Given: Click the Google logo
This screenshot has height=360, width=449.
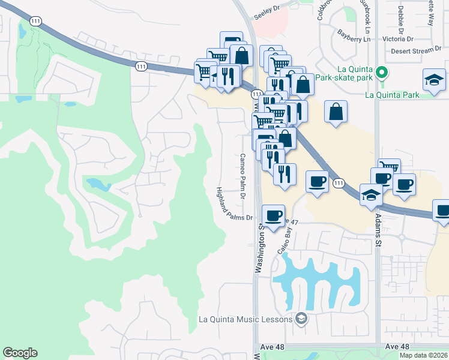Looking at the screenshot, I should [20, 353].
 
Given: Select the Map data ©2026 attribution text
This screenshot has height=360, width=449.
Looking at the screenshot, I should [424, 355].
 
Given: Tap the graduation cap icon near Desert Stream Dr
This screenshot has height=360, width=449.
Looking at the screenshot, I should [433, 80].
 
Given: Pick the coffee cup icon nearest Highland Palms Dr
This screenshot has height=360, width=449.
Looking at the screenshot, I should [274, 215].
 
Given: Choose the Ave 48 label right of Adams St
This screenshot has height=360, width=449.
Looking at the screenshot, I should [397, 347].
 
